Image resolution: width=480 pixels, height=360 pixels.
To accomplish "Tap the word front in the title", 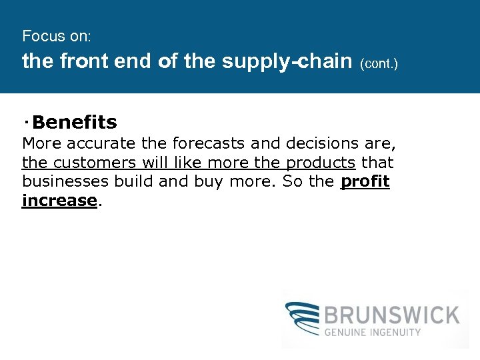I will click(x=85, y=62).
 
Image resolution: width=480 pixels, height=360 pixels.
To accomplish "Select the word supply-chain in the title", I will click(x=287, y=62).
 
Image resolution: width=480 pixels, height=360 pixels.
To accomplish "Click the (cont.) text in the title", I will click(x=379, y=65).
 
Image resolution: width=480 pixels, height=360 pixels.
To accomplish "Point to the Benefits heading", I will click(x=74, y=123).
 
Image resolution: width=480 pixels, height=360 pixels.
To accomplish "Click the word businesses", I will click(x=65, y=181).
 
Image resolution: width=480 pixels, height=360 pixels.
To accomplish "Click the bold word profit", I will click(x=365, y=181).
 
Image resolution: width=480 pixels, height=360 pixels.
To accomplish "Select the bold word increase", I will click(x=59, y=201).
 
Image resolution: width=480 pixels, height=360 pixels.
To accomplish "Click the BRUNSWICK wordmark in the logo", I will click(x=392, y=314).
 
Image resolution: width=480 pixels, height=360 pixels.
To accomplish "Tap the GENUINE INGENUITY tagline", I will click(x=373, y=331).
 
